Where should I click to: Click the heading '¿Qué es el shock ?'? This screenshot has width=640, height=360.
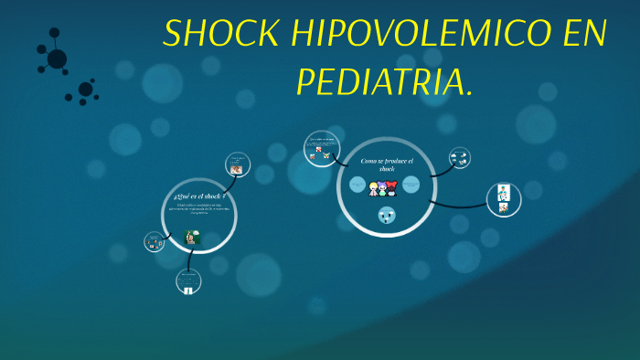tap(198, 196)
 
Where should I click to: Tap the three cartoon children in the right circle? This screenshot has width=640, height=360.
tap(382, 188)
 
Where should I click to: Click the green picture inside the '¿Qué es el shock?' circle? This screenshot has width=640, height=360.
tap(194, 237)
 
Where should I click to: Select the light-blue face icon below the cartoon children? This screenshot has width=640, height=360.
tap(386, 217)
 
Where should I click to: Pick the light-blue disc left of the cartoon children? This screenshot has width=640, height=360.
tap(357, 185)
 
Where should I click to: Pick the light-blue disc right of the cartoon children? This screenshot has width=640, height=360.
tap(411, 185)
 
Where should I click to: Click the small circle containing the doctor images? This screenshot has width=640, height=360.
tap(503, 199)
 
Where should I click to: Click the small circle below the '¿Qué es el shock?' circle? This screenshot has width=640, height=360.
tap(188, 281)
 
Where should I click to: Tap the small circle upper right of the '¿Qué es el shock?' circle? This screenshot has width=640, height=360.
tap(237, 164)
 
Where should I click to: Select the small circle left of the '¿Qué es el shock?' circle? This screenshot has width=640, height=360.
tap(155, 242)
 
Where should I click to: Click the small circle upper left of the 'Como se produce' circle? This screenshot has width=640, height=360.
tap(321, 148)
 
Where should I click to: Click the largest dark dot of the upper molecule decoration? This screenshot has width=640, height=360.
tap(57, 58)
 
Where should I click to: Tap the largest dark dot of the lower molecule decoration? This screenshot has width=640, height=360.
tap(85, 90)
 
